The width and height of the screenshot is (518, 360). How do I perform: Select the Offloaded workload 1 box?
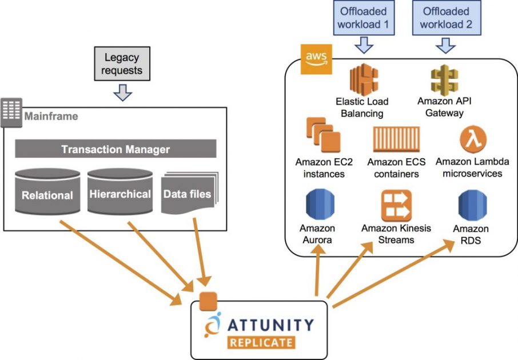pos(364,18)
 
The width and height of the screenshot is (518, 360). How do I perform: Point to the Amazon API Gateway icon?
pos(444,79)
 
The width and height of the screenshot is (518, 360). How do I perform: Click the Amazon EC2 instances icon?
pos(324,135)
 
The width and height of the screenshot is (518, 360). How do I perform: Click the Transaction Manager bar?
pos(115,149)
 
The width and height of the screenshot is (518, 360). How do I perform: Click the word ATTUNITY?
pos(270,325)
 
